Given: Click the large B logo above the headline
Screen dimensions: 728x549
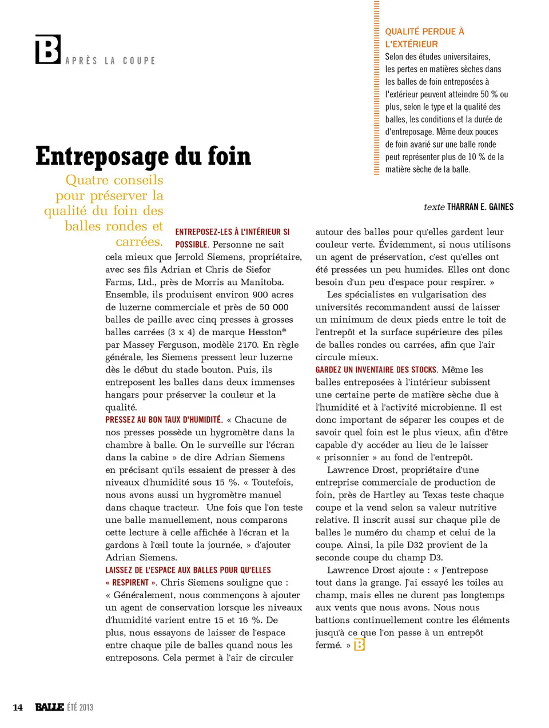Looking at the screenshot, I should click(48, 50).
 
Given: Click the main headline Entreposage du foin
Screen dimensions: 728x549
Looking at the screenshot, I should click(143, 156).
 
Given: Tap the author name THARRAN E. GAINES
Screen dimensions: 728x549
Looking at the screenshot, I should click(480, 207).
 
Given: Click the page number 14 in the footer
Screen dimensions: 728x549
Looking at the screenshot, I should click(18, 707).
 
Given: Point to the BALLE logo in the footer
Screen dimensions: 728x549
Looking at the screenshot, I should click(49, 707).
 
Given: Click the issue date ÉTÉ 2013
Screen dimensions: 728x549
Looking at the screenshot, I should click(79, 707).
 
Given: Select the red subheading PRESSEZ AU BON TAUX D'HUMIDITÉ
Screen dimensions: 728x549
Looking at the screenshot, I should click(164, 420).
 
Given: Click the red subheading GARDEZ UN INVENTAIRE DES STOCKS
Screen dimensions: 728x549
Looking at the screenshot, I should click(376, 370).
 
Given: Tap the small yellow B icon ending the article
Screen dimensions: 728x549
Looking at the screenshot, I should click(359, 645).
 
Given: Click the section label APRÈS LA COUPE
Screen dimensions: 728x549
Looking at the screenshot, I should click(110, 61).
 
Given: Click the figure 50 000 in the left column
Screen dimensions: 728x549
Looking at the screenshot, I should click(273, 307).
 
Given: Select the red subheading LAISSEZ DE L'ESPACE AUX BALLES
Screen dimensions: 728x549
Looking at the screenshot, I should click(188, 570).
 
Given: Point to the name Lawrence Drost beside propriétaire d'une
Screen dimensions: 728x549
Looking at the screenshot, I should click(361, 470).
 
